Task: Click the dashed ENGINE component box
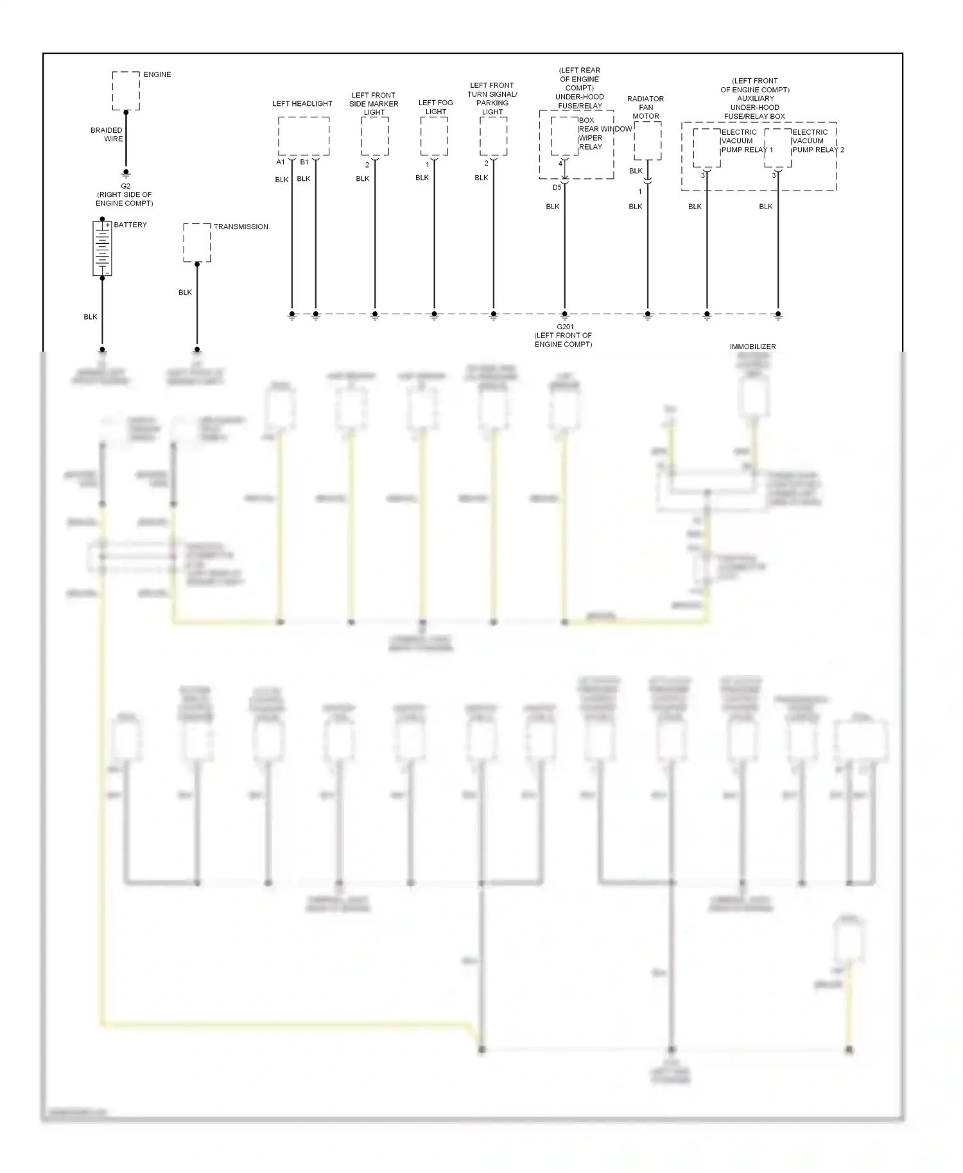point(126,91)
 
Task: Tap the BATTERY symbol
point(101,248)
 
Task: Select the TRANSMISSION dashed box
point(197,243)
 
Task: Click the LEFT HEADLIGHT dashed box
point(304,135)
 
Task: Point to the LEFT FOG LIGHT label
point(435,107)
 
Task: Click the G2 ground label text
point(125,186)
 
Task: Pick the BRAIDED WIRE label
point(107,134)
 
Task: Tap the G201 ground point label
point(564,327)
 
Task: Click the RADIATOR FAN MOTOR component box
point(647,141)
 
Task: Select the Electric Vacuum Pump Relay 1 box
point(706,148)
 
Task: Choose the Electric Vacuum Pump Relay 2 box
point(777,148)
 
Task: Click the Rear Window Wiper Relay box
point(564,135)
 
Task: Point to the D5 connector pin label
point(557,187)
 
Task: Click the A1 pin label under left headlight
point(281,162)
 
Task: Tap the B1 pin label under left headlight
point(304,162)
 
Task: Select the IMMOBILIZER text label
point(752,347)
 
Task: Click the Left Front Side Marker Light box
point(374,135)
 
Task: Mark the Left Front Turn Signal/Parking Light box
point(493,135)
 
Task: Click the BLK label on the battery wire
point(91,317)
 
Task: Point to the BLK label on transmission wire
point(185,293)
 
